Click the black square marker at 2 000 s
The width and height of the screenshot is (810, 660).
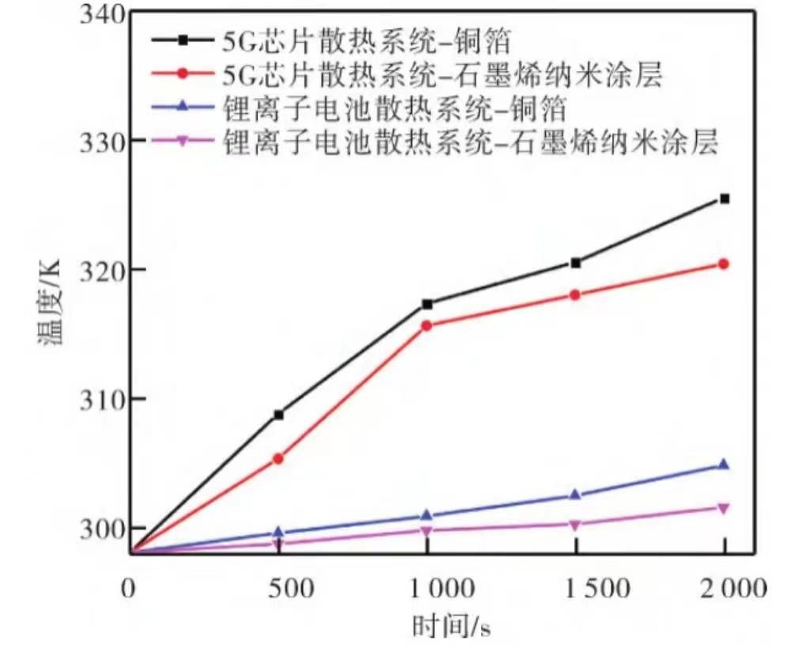[724, 199]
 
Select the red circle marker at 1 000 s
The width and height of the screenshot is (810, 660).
[427, 325]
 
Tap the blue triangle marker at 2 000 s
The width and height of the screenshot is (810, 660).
[724, 465]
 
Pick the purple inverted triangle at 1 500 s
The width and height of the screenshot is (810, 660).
[576, 525]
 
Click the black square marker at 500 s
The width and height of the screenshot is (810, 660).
[278, 415]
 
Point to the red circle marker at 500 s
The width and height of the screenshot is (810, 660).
[278, 458]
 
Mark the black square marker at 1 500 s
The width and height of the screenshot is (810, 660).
[576, 263]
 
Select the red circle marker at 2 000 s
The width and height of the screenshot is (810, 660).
[724, 264]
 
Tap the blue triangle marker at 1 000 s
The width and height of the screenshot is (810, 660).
[427, 515]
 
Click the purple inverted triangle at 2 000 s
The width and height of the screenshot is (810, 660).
[724, 508]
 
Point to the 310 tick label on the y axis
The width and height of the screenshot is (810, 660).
[102, 399]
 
